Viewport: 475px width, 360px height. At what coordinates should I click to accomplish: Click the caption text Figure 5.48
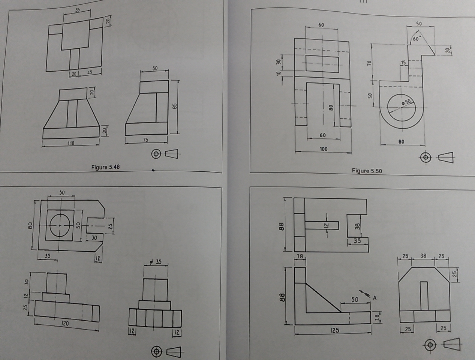point(105,167)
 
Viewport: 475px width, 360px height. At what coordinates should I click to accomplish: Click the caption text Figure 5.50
point(367,171)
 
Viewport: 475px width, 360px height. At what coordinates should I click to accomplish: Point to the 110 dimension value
point(70,143)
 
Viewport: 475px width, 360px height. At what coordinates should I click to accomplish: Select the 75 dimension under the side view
point(145,140)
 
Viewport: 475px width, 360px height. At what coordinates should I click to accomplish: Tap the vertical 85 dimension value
point(174,106)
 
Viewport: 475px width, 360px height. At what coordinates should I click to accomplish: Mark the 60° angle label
point(417,39)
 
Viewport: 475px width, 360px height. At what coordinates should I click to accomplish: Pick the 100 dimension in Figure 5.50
point(323,149)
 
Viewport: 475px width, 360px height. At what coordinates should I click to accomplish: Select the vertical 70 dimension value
point(369,63)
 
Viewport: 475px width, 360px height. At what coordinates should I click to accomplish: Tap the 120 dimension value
point(65,323)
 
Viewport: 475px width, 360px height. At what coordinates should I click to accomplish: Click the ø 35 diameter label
point(156,261)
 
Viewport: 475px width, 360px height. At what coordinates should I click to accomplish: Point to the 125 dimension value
point(335,330)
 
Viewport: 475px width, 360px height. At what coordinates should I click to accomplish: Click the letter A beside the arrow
point(375,298)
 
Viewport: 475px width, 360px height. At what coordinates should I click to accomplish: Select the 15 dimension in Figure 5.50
point(403,63)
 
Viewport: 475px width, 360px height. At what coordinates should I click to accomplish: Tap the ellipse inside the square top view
point(60,225)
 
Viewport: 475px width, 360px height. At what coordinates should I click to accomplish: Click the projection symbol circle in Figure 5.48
point(156,154)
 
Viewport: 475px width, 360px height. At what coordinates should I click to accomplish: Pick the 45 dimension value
point(90,73)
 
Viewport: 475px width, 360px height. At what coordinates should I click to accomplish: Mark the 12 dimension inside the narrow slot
point(326,225)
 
